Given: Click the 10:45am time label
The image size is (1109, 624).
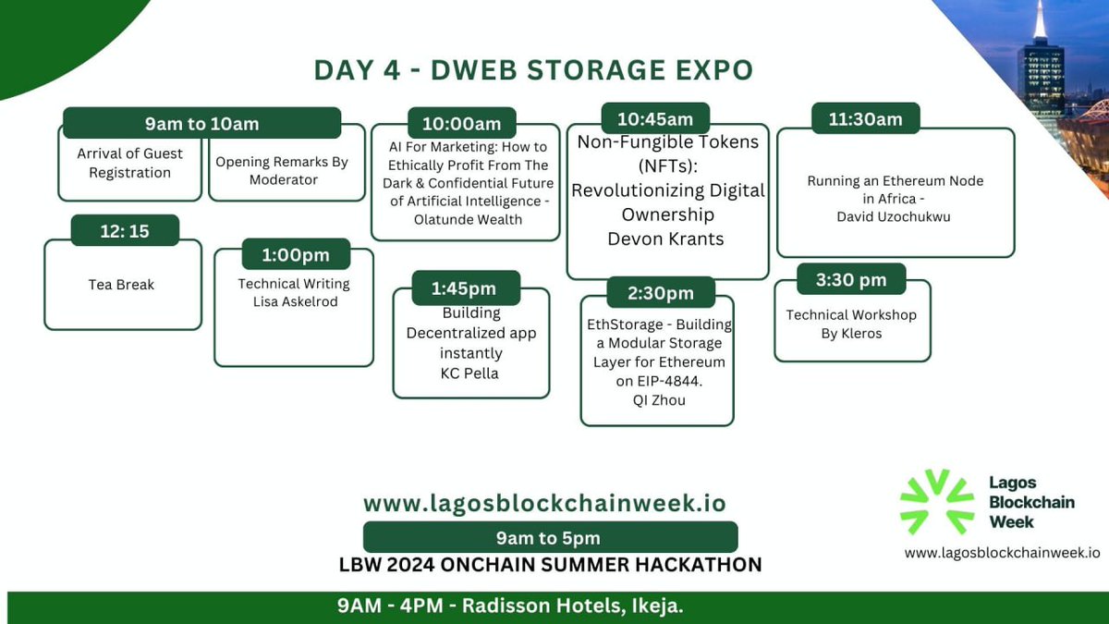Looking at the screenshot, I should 654,119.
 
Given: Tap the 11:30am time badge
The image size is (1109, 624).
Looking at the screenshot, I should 857,119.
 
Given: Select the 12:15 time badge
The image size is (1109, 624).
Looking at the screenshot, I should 125,231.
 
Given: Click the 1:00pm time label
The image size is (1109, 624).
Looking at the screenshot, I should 296,255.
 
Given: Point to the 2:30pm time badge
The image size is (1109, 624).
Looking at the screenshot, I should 661,292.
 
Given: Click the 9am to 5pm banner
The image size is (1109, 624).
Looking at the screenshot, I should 550,537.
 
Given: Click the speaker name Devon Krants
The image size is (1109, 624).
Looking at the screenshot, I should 666,239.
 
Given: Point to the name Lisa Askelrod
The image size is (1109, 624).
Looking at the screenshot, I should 294,302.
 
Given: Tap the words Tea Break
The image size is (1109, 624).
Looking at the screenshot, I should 122,285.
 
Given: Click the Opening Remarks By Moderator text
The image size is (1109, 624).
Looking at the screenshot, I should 282,170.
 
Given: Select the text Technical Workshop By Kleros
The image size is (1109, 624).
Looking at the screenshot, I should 851,324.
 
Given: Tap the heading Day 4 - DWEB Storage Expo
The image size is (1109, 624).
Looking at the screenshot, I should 533,70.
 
